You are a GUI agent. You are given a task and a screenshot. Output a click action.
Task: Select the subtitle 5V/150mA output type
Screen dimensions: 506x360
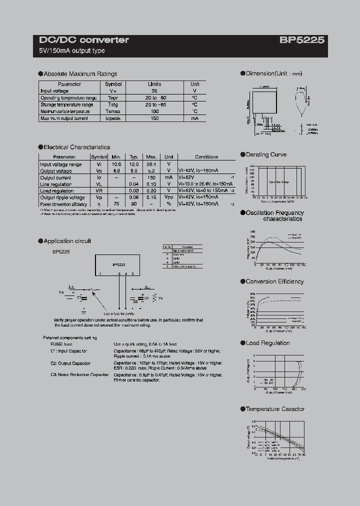coord(72,51)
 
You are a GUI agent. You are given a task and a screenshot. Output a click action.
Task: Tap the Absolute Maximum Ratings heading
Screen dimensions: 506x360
coord(80,73)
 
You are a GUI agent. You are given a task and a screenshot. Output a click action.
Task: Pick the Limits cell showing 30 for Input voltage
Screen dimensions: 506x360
coord(154,91)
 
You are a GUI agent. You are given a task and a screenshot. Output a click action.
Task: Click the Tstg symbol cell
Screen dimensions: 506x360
coord(113,104)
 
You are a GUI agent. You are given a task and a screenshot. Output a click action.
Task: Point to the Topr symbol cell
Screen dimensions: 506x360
coord(113,98)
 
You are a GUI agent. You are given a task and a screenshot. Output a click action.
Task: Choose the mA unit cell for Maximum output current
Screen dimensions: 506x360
coord(194,118)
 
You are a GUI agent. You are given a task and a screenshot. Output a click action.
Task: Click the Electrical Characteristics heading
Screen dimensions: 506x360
coord(76,147)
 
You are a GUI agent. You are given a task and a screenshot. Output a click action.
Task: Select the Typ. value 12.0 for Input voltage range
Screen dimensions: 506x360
coord(133,164)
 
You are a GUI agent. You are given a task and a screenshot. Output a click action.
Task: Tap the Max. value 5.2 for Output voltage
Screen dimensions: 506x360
coord(151,170)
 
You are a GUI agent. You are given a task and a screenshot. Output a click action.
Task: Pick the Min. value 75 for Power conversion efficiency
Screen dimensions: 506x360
coord(116,204)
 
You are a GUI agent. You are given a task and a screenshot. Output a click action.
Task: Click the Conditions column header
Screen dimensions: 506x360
coord(206,157)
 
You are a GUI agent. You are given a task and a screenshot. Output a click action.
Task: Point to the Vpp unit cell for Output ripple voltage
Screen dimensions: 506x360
coord(169,197)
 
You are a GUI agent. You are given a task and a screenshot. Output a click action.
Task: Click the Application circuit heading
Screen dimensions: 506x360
coord(67,241)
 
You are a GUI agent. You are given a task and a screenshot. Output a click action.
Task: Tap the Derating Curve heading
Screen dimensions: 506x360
coord(266,155)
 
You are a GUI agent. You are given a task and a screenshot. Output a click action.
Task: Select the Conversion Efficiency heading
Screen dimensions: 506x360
coord(274,281)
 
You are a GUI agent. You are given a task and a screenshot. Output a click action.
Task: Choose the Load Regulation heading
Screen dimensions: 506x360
coord(267,343)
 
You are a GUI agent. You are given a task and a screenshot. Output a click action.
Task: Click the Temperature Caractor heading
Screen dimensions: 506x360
coord(275,409)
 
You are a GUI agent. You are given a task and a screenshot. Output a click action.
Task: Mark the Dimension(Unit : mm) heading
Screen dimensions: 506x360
coord(274,73)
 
